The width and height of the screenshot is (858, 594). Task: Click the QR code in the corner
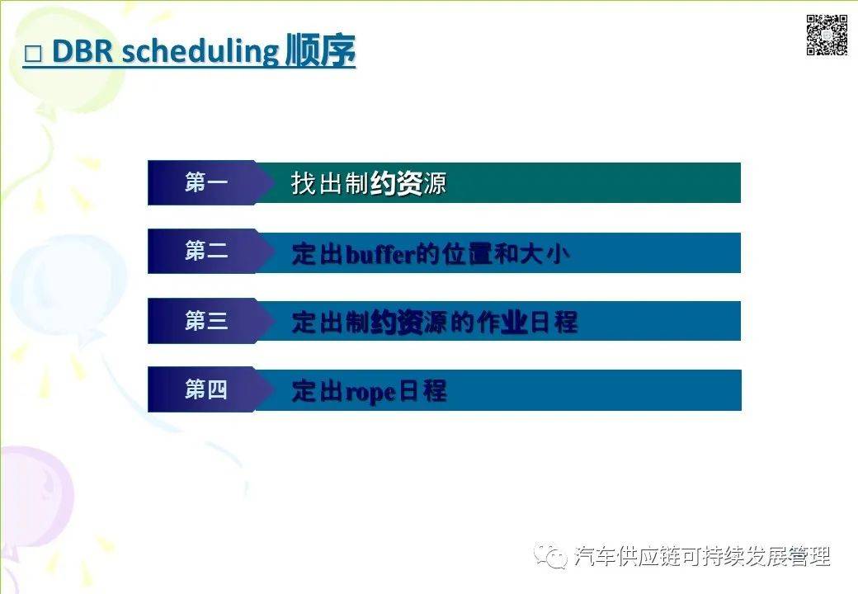827,35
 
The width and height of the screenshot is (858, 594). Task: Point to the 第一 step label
205,182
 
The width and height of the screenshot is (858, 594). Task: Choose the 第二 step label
205,252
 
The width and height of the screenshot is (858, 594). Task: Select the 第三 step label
205,321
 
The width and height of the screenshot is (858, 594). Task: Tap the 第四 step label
205,389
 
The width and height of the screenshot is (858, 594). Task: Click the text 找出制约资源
368,183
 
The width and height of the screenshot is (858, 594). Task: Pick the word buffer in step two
380,253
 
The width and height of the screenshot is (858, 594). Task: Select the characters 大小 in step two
545,253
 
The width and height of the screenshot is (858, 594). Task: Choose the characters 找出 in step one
316,183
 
